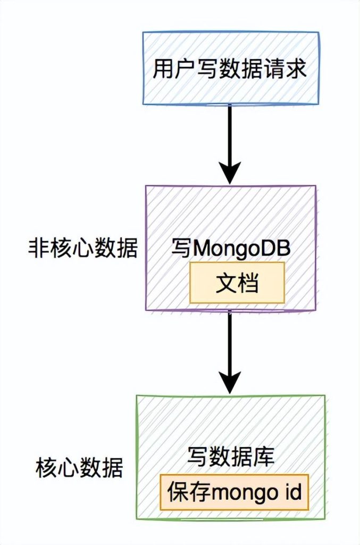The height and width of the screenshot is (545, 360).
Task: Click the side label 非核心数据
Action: tap(82, 249)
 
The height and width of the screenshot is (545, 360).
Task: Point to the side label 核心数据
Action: tap(79, 468)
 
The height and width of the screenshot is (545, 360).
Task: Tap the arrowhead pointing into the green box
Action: tap(230, 381)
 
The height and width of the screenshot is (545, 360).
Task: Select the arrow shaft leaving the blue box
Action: tap(230, 133)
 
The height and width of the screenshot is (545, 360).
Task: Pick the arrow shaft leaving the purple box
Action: tap(230, 341)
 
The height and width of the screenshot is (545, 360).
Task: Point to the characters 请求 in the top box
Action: tap(288, 69)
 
